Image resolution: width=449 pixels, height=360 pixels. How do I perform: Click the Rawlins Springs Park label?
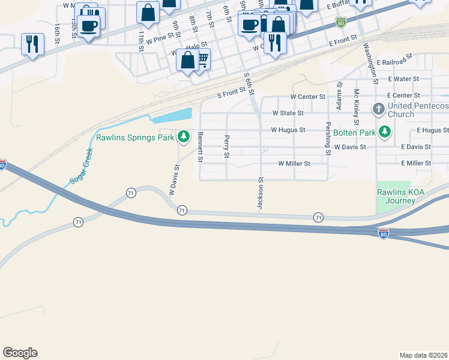tap(134, 137)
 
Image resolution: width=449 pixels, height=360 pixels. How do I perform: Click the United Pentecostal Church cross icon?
tap(378, 109)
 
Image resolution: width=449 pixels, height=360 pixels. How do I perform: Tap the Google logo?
tap(20, 353)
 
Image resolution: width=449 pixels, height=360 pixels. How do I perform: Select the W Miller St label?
tap(294, 163)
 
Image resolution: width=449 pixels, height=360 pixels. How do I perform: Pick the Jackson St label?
tap(261, 193)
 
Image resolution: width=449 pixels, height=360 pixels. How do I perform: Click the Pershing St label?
tap(328, 139)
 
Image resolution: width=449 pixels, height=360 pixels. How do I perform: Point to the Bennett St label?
tap(200, 147)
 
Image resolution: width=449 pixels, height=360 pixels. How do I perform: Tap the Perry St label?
tap(227, 147)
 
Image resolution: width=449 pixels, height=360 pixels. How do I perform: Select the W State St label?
tap(288, 113)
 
